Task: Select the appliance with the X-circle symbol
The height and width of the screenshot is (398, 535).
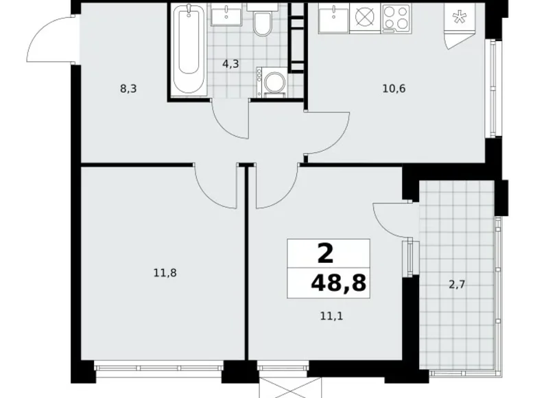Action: click(x=364, y=17)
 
